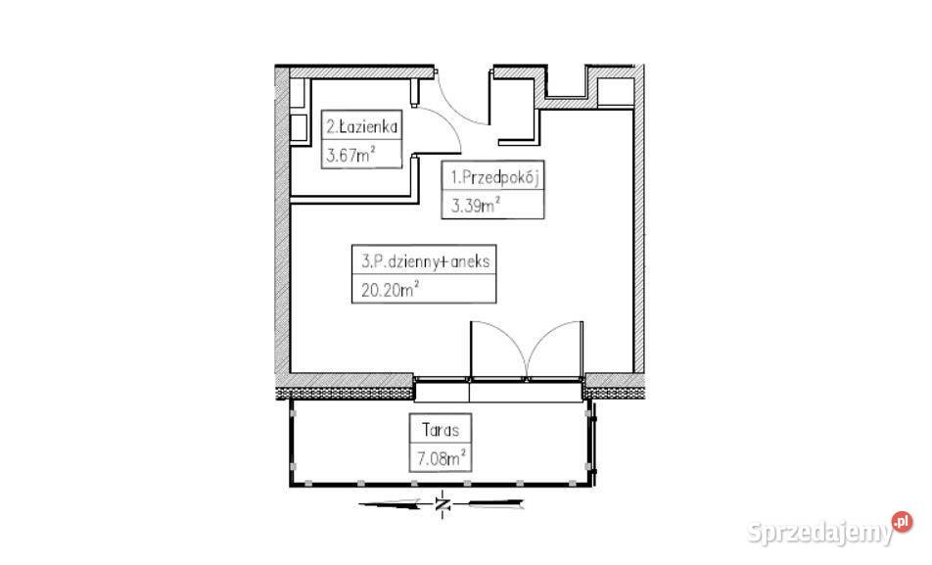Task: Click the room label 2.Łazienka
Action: [361, 126]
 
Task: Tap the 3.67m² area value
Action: [350, 156]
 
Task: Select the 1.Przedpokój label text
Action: [494, 177]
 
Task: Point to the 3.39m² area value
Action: [475, 206]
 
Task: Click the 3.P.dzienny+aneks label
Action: [426, 261]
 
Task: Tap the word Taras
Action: [441, 430]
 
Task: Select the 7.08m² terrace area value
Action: [441, 458]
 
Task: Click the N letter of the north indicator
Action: [442, 505]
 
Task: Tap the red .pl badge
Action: [902, 522]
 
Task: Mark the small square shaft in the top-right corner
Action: [615, 93]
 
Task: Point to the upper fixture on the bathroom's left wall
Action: [299, 93]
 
